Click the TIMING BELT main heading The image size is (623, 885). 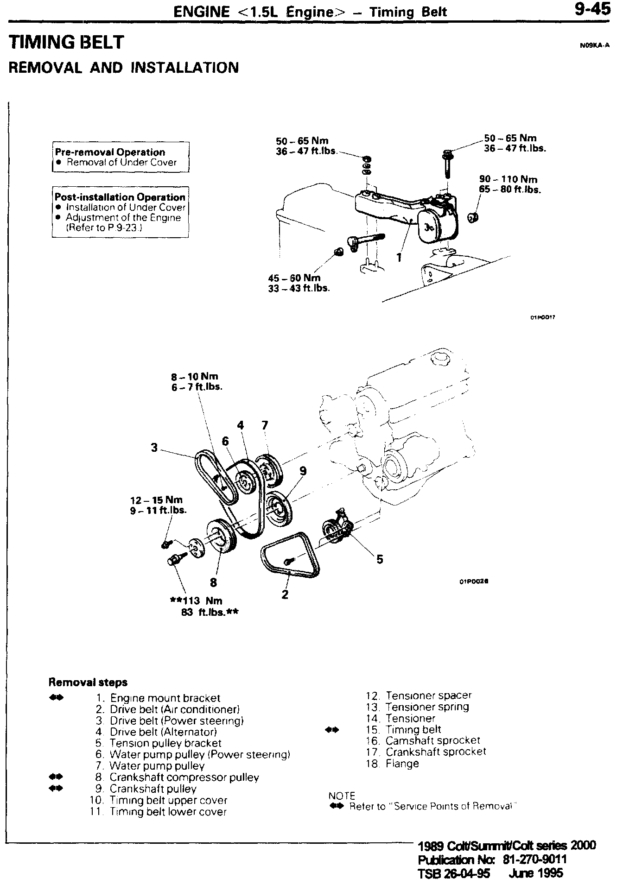pyautogui.click(x=67, y=42)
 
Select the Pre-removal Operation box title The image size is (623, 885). pyautogui.click(x=110, y=152)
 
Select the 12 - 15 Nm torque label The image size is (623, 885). pyautogui.click(x=156, y=500)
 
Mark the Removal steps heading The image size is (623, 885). pyautogui.click(x=88, y=682)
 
